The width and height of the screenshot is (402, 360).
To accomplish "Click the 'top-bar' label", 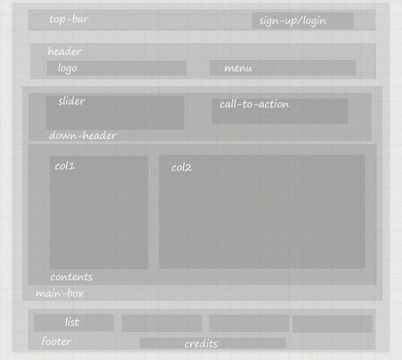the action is [69, 19].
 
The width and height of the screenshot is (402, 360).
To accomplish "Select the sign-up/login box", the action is [303, 20].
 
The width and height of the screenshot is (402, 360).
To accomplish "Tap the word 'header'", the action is [65, 51].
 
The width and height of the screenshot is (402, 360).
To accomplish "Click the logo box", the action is [117, 68].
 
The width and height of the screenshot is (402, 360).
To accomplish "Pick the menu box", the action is [282, 68].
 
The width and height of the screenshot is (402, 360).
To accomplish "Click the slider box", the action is [115, 112].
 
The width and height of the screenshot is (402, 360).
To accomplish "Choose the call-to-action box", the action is [280, 111].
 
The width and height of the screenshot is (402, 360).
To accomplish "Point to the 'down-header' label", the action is [83, 135].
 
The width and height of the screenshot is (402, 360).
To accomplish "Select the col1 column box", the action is [99, 212].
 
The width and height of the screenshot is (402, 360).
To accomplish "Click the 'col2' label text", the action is [182, 168].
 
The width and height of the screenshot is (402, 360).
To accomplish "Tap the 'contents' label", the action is [71, 277].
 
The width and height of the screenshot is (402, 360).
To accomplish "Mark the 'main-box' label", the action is [60, 293].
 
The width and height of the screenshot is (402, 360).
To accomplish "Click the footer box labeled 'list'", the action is [73, 323].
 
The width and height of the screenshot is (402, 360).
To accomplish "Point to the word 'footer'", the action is [57, 341].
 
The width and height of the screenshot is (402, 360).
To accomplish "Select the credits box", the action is [213, 343].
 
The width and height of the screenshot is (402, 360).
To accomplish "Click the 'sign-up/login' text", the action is [292, 21].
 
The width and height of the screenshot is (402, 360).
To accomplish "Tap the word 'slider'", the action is [71, 101].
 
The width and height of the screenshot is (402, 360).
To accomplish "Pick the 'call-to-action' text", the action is [254, 104].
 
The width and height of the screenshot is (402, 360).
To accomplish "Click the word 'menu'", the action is [238, 68].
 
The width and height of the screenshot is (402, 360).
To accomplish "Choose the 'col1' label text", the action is [65, 166].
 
